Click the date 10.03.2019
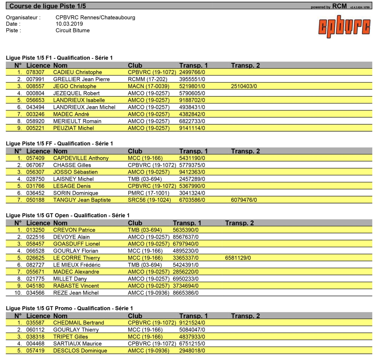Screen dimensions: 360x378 pyautogui.click(x=69, y=24)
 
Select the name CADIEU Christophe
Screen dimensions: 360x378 pyautogui.click(x=77, y=72)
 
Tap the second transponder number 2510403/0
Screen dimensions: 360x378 pyautogui.click(x=244, y=86)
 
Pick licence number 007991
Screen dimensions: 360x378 pyautogui.click(x=35, y=79)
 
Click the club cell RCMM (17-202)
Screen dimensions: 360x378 pyautogui.click(x=147, y=79)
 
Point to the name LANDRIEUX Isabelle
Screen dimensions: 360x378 pyautogui.click(x=79, y=100)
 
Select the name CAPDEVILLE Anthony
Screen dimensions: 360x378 pyautogui.click(x=81, y=158)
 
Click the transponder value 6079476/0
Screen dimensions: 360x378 pyautogui.click(x=244, y=200)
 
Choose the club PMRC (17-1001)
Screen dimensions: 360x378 pyautogui.click(x=148, y=193)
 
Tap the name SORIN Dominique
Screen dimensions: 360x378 pyautogui.click(x=76, y=193)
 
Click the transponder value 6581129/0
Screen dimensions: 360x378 pyautogui.click(x=238, y=258)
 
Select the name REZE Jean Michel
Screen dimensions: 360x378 pyautogui.click(x=76, y=293)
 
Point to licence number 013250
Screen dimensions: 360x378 pyautogui.click(x=35, y=230)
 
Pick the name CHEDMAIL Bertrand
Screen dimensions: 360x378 pyautogui.click(x=79, y=323)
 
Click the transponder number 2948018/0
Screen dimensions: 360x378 pyautogui.click(x=192, y=351)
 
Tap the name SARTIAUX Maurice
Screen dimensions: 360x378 pyautogui.click(x=77, y=344)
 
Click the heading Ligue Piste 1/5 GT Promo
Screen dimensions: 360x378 pyautogui.click(x=39, y=308)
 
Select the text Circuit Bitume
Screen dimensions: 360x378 pyautogui.click(x=73, y=30)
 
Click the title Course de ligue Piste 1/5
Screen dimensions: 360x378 pyautogui.click(x=48, y=6)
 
